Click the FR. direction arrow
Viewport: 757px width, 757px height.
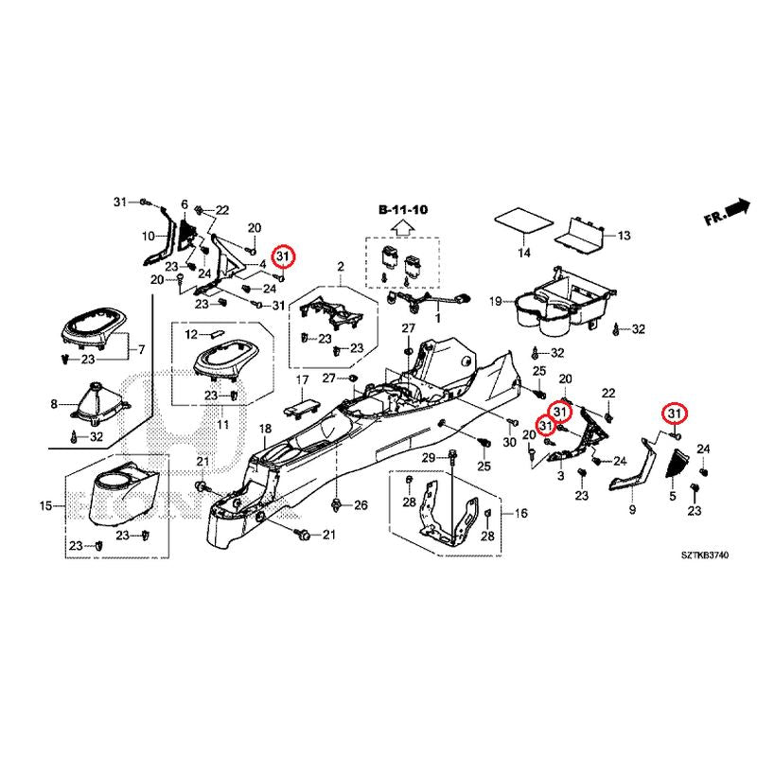click(726, 213)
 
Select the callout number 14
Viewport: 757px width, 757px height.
click(523, 254)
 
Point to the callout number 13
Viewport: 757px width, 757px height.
click(623, 235)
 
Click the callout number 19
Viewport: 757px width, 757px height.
click(495, 302)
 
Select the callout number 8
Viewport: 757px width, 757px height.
click(54, 404)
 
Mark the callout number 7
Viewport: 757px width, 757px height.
click(142, 350)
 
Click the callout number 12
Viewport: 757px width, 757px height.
click(190, 334)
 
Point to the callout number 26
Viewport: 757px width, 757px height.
click(360, 506)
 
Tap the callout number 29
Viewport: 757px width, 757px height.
click(427, 459)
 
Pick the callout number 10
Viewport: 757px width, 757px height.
click(149, 236)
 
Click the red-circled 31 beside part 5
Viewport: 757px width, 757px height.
click(675, 414)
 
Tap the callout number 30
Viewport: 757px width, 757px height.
click(509, 444)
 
